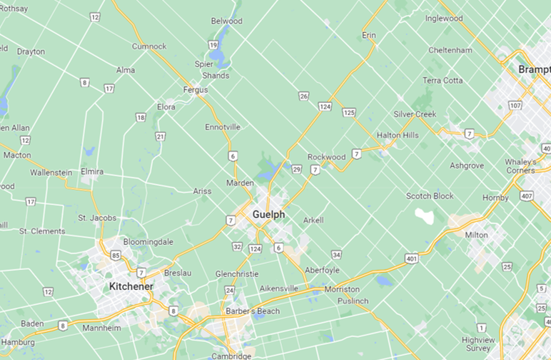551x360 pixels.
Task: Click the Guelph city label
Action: [x=268, y=214]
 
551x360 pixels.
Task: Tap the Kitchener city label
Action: [x=131, y=286]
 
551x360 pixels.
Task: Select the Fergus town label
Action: [x=196, y=90]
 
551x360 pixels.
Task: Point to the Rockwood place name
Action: [x=326, y=157]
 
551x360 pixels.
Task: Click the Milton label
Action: [x=476, y=235]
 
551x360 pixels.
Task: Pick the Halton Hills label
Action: [x=398, y=135]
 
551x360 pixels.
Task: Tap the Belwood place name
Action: [x=227, y=21]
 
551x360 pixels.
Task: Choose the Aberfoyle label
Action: [x=322, y=270]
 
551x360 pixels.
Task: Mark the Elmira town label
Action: [x=91, y=171]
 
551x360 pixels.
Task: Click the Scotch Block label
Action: [x=430, y=196]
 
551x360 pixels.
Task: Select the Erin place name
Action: [x=369, y=35]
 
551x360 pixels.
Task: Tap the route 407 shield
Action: [x=527, y=196]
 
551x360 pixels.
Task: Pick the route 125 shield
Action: [x=348, y=113]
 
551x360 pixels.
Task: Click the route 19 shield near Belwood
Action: [x=213, y=45]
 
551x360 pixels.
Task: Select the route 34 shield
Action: [x=336, y=254]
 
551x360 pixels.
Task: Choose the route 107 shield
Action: [x=515, y=106]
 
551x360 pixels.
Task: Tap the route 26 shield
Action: [x=304, y=96]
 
